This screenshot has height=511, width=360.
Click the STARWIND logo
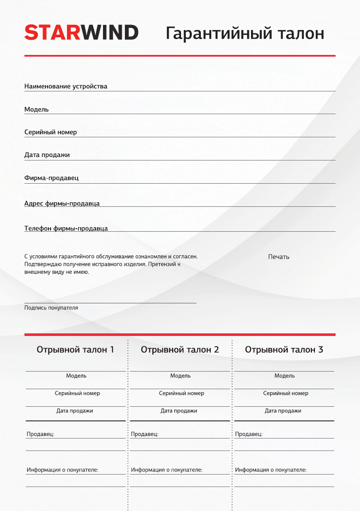click(x=82, y=33)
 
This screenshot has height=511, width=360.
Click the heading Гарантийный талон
click(x=245, y=33)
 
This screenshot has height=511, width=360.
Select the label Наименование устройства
click(x=66, y=86)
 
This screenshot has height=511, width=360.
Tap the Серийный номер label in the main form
click(x=51, y=132)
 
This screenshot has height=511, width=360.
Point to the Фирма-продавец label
click(x=51, y=178)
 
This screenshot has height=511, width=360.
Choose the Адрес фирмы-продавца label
click(x=62, y=203)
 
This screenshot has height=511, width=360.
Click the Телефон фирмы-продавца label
click(x=66, y=228)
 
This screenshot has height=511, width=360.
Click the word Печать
click(x=278, y=257)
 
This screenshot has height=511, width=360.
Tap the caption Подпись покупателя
click(x=51, y=308)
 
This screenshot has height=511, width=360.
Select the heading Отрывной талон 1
click(x=76, y=350)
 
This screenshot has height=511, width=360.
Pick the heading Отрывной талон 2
click(x=180, y=350)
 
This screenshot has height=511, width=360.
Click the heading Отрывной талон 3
click(x=284, y=350)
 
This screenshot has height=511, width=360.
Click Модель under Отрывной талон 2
click(x=180, y=376)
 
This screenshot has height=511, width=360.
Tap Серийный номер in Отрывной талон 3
click(x=286, y=393)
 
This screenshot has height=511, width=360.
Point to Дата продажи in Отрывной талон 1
click(x=75, y=411)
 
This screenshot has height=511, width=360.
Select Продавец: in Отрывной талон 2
click(x=145, y=434)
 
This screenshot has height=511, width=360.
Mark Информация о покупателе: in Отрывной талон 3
click(x=271, y=470)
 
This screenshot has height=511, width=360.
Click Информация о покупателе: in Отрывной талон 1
click(x=63, y=470)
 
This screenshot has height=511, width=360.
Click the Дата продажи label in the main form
click(x=47, y=155)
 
